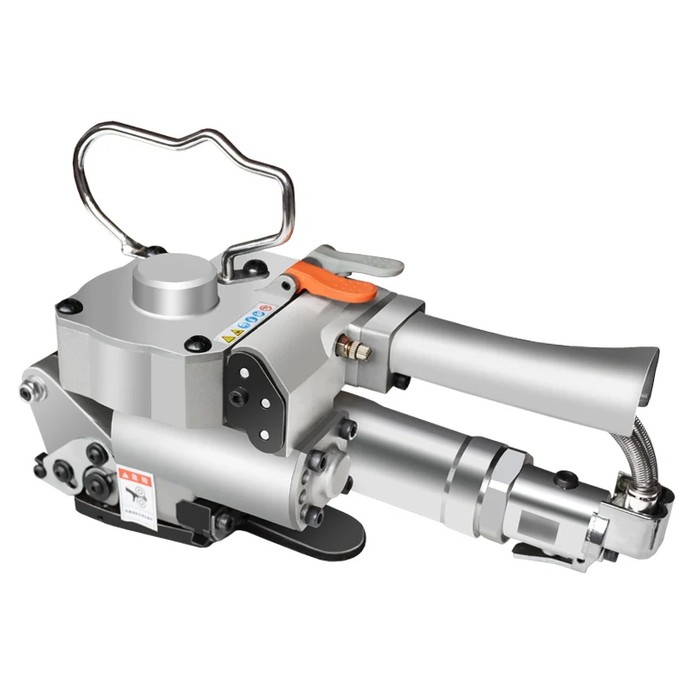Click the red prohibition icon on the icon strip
[267, 308]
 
